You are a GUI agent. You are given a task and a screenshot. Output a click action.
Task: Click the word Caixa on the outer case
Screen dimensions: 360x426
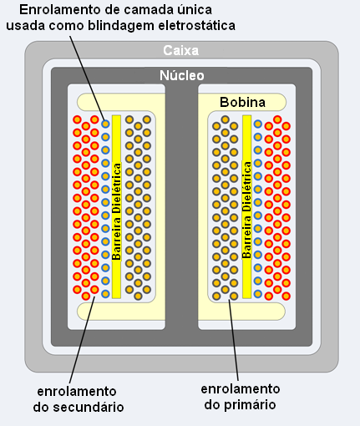pyautogui.click(x=181, y=50)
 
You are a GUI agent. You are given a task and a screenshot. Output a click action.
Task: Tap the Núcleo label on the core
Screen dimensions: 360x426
pyautogui.click(x=182, y=75)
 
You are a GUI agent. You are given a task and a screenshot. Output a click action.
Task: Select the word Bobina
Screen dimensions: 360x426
pyautogui.click(x=242, y=102)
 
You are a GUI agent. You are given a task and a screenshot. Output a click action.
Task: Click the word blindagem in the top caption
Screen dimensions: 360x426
pyautogui.click(x=121, y=26)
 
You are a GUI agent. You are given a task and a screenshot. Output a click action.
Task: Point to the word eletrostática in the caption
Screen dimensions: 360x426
pyautogui.click(x=197, y=25)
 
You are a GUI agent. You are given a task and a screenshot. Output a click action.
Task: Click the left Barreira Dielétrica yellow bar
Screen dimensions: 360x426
pyautogui.click(x=116, y=206)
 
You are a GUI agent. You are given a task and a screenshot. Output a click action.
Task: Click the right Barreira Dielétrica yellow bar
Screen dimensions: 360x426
pyautogui.click(x=246, y=206)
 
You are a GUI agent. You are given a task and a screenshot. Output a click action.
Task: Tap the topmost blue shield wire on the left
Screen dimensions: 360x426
pyautogui.click(x=105, y=124)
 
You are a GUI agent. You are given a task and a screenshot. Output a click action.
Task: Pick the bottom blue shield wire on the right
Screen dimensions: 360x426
pyautogui.click(x=258, y=293)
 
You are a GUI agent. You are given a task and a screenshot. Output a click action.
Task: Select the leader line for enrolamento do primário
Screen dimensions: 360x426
pyautogui.click(x=234, y=340)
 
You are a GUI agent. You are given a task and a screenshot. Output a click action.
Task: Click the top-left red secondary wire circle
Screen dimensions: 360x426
pyautogui.click(x=77, y=119)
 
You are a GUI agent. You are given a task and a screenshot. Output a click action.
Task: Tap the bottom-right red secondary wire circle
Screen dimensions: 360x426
pyautogui.click(x=286, y=296)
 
